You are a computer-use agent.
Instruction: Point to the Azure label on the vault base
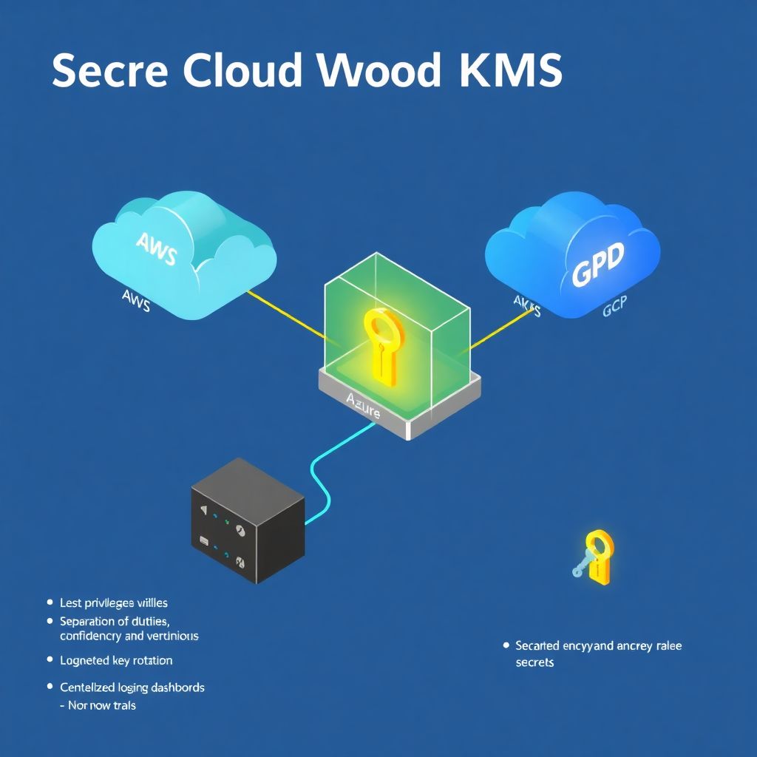[363, 405]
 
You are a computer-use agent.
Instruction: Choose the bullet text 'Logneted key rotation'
[116, 660]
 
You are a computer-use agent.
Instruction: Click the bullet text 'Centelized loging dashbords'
[132, 688]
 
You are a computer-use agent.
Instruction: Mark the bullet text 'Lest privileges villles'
[114, 603]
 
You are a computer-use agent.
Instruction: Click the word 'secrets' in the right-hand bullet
[534, 662]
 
